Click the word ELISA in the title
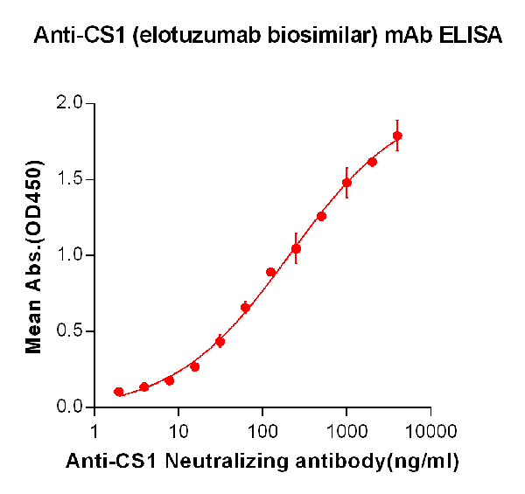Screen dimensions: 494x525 471,36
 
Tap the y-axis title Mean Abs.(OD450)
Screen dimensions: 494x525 35,256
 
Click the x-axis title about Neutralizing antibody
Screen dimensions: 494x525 262,461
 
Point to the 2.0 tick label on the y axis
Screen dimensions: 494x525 70,103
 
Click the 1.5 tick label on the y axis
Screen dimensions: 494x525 70,179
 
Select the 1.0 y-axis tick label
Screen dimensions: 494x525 70,255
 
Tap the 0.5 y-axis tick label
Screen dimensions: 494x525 70,331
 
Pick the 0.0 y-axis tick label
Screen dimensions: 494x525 70,407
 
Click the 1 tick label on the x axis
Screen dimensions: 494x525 94,432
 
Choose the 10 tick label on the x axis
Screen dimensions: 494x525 178,432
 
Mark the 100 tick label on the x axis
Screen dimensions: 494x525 262,432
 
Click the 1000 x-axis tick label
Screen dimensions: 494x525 346,432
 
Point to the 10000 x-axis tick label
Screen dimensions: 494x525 430,432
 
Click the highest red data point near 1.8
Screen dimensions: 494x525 397,136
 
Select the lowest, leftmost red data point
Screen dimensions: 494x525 119,392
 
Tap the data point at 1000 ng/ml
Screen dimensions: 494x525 346,183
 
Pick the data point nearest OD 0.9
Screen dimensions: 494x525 270,272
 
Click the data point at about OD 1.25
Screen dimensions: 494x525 321,216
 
